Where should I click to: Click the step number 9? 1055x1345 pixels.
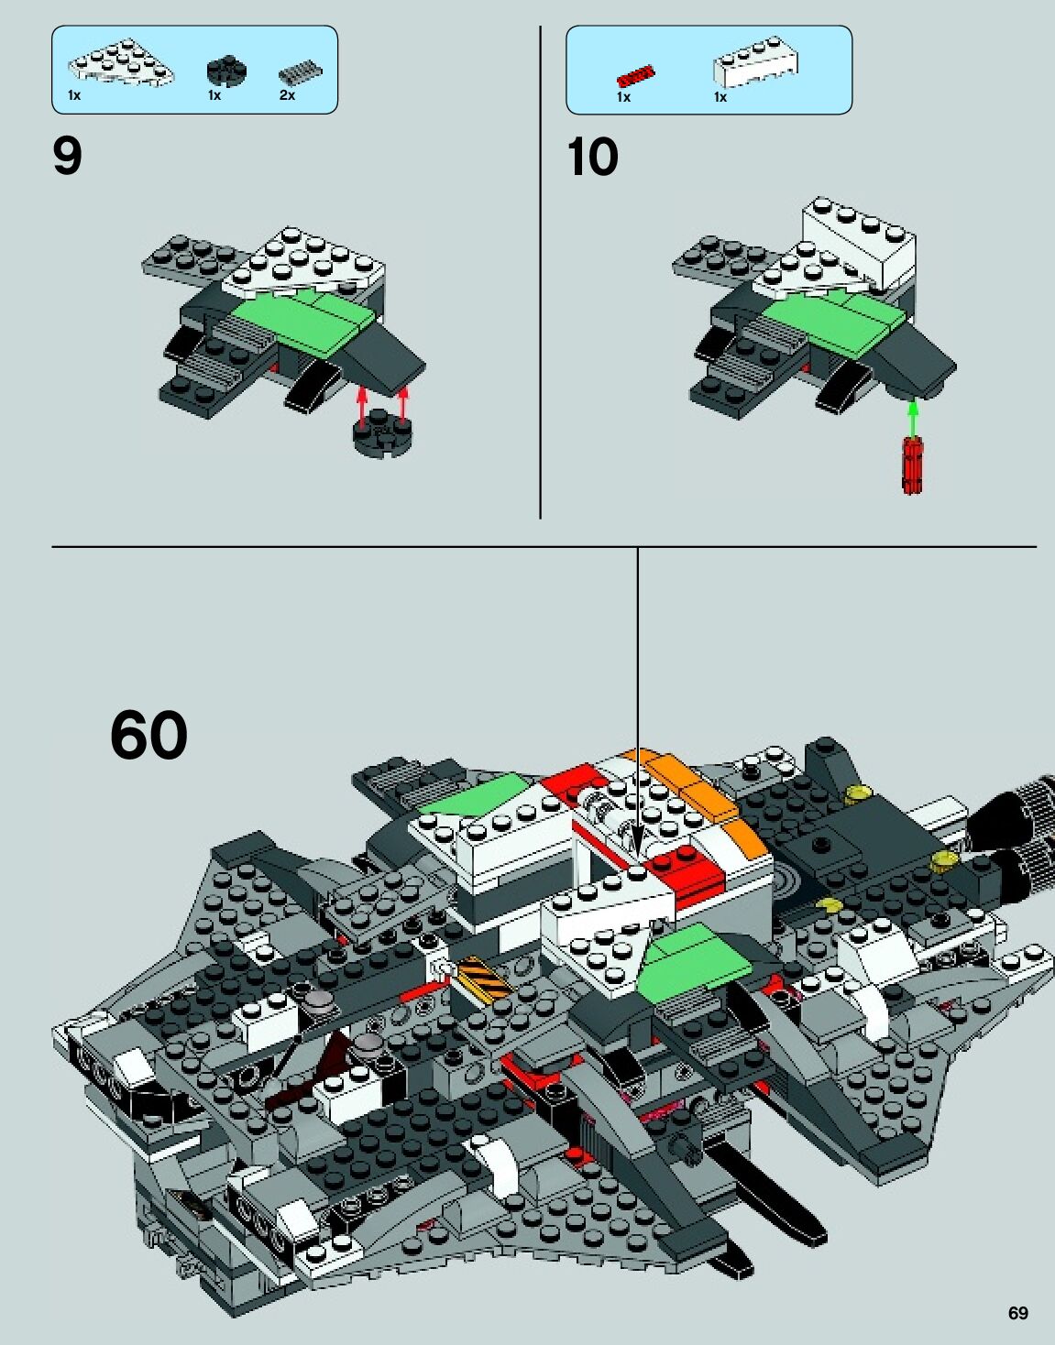tap(68, 157)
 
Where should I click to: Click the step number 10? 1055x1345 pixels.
tap(592, 157)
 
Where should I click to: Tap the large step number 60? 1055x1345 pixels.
tap(148, 735)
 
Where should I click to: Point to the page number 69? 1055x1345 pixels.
tap(1017, 1313)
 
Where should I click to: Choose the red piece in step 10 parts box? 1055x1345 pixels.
tap(636, 75)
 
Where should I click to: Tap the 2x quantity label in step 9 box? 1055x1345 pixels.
tap(287, 95)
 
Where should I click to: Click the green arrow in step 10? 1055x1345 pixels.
tap(912, 418)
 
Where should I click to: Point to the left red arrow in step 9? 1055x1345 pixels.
tap(362, 406)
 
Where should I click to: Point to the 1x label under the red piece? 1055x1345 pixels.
tap(623, 97)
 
